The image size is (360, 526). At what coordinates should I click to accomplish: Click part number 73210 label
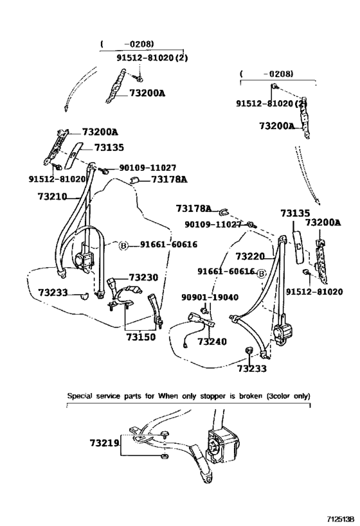point(52,197)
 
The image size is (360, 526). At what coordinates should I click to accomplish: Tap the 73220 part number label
point(250,257)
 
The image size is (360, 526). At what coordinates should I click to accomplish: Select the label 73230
point(143,277)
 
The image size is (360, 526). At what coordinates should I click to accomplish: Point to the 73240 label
point(212,342)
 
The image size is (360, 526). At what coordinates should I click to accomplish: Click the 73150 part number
point(141,337)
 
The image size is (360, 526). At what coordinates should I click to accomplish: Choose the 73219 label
point(104,443)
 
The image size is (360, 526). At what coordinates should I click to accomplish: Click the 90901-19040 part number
point(210,297)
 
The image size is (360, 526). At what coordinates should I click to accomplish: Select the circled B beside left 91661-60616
point(123,246)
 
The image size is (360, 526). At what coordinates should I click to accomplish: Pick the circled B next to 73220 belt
point(261,274)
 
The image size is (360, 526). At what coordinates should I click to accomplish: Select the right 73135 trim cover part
point(298,247)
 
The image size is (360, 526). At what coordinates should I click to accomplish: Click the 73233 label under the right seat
point(252,369)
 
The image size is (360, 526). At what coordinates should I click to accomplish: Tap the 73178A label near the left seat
point(169,179)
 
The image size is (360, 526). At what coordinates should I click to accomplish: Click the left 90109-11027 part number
point(148,168)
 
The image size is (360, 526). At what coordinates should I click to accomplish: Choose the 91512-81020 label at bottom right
point(314,292)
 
